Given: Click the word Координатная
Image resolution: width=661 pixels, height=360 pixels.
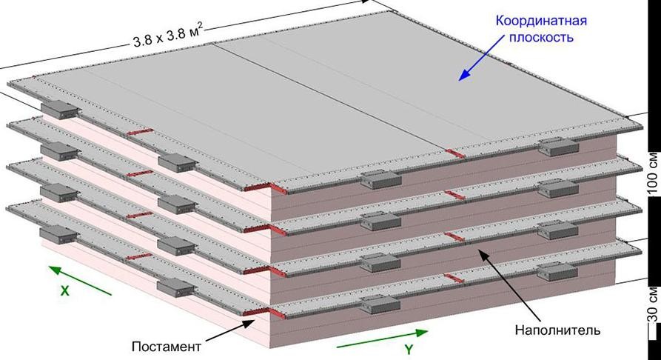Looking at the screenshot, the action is pyautogui.click(x=541, y=21).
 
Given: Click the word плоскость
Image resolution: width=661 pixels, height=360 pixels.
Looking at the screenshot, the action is pyautogui.click(x=541, y=38).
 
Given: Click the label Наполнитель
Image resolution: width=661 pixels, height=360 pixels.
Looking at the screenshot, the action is pyautogui.click(x=557, y=330).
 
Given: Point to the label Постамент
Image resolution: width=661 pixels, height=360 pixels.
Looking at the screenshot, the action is pyautogui.click(x=166, y=347).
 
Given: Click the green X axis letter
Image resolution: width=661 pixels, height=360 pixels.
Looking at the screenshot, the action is pyautogui.click(x=64, y=290).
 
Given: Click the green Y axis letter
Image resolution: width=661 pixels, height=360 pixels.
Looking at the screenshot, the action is pyautogui.click(x=408, y=350).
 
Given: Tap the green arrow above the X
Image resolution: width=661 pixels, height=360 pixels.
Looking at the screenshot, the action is pyautogui.click(x=81, y=280).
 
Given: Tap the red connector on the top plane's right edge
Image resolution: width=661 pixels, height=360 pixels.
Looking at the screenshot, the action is pyautogui.click(x=455, y=153).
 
